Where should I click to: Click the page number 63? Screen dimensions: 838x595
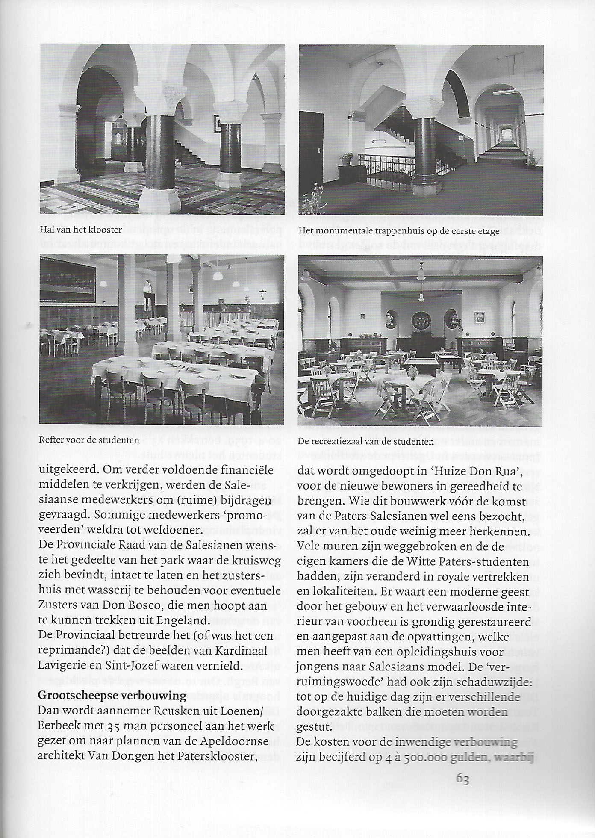(x=463, y=778)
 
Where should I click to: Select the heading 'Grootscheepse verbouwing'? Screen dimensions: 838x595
(x=112, y=696)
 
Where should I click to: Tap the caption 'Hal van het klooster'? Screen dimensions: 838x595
(x=81, y=230)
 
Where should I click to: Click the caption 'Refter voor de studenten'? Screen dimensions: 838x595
(x=89, y=440)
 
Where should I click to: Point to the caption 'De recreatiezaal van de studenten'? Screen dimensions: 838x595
(x=365, y=441)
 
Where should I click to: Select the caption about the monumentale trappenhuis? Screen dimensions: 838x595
(x=399, y=231)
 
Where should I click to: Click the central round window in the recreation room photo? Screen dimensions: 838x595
(x=421, y=320)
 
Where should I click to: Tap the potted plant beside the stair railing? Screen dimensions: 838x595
(x=345, y=160)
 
